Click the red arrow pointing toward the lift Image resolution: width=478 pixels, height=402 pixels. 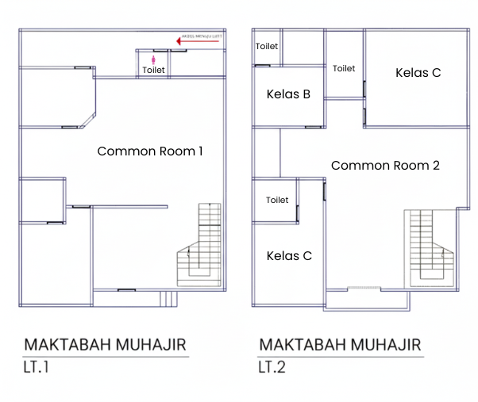pyautogui.click(x=198, y=43)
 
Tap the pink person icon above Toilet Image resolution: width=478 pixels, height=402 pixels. pyautogui.click(x=153, y=59)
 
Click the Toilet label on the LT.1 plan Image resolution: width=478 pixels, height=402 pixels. pyautogui.click(x=153, y=71)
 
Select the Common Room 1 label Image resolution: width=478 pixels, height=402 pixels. pyautogui.click(x=150, y=151)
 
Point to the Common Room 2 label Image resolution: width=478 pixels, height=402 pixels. pyautogui.click(x=385, y=166)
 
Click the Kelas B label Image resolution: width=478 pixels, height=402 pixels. pyautogui.click(x=288, y=94)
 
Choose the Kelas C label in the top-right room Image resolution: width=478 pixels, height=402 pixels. pyautogui.click(x=418, y=73)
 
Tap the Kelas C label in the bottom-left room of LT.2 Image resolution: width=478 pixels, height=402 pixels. pyautogui.click(x=289, y=256)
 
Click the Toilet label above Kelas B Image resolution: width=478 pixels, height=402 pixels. pyautogui.click(x=267, y=46)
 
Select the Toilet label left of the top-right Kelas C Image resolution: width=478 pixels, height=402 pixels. pyautogui.click(x=344, y=68)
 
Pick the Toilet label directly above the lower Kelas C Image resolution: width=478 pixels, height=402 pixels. pyautogui.click(x=277, y=200)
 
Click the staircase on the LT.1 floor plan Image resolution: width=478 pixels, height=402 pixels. pyautogui.click(x=202, y=246)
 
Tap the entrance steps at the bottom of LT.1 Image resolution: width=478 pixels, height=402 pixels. pyautogui.click(x=167, y=299)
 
